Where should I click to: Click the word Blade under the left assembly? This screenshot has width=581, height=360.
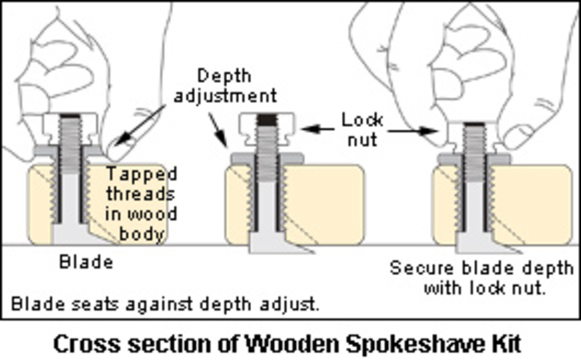tap(86, 262)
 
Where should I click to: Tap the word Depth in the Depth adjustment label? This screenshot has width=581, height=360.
tap(224, 76)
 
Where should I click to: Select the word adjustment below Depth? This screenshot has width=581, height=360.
tap(225, 96)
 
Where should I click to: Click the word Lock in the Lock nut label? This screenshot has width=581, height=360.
tap(362, 120)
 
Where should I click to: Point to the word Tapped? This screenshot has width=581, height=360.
tap(142, 174)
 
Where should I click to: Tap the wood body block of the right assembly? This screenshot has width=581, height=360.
tap(534, 204)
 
